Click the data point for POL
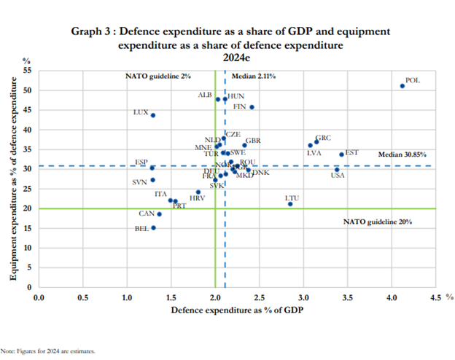pos(402,86)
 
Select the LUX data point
pos(152,115)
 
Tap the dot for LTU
pos(290,204)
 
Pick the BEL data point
pos(153,227)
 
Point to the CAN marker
pos(159,214)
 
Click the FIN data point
pos(252,107)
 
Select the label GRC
pos(322,138)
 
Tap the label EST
pos(351,152)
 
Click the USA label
pos(338,175)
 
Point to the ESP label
pos(141,162)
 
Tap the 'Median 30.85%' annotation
pos(402,154)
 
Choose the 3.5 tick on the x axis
pos(348,297)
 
